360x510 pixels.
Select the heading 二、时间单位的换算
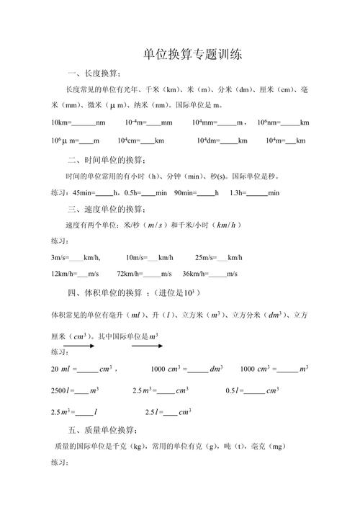pos(107,159)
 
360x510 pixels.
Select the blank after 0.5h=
pos(148,194)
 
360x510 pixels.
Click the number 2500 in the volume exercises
pos(60,390)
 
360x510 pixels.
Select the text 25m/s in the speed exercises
pos(205,257)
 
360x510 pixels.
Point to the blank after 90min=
pos(205,194)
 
